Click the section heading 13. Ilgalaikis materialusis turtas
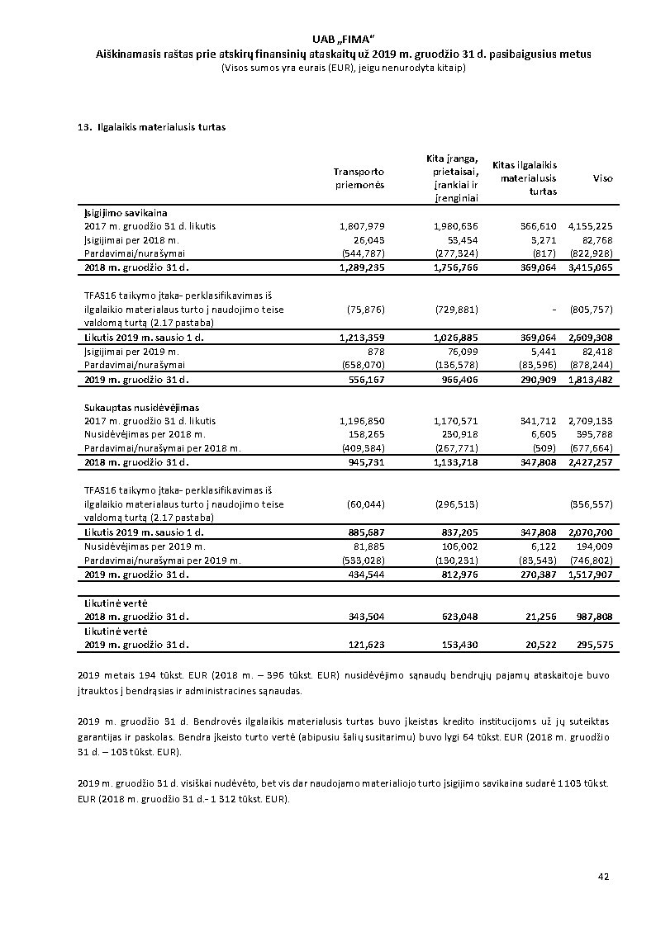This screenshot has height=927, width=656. click(x=150, y=127)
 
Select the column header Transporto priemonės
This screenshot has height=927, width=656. click(x=359, y=178)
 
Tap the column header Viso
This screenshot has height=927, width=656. click(x=602, y=178)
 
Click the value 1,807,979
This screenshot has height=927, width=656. click(x=362, y=225)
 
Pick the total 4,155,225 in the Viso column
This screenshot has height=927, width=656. click(x=590, y=225)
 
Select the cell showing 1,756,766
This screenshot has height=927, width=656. click(x=455, y=267)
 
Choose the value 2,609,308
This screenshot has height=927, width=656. click(x=590, y=338)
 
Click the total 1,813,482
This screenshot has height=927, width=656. click(x=590, y=380)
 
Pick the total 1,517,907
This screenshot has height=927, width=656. click(x=590, y=574)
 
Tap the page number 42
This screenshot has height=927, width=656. click(x=603, y=876)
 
